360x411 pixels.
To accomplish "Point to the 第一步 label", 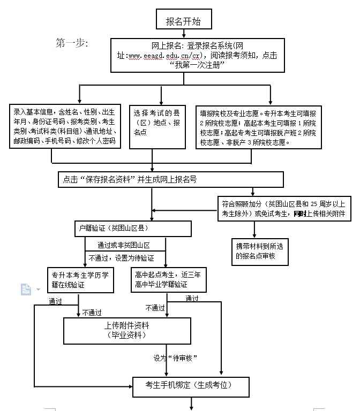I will click(72, 42).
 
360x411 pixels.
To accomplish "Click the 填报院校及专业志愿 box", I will click(259, 127).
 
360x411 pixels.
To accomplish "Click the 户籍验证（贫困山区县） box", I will click(133, 229).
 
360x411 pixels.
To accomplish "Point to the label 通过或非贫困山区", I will click(123, 245).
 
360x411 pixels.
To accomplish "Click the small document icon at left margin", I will click(26, 290).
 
